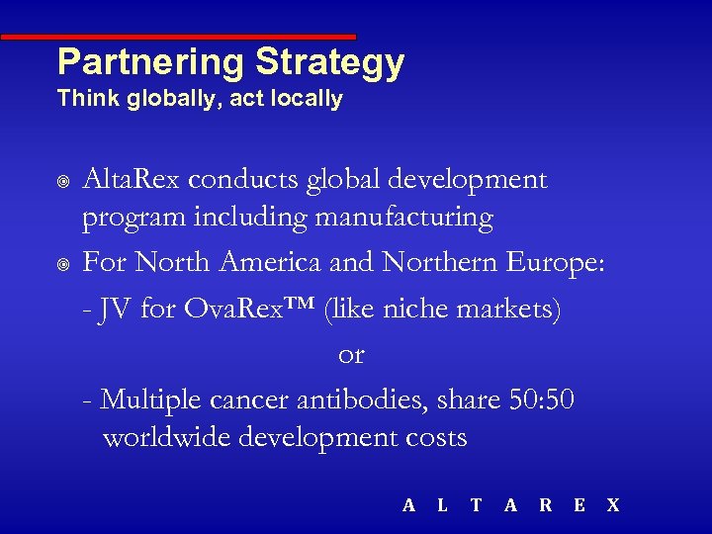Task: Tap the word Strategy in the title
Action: coord(330,62)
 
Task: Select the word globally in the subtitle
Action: coord(158,99)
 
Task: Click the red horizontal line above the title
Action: coord(178,37)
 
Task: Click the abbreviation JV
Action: coord(117,310)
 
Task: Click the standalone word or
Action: coord(351,354)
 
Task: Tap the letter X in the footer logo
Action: coord(612,505)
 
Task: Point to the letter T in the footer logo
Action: coord(476,505)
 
